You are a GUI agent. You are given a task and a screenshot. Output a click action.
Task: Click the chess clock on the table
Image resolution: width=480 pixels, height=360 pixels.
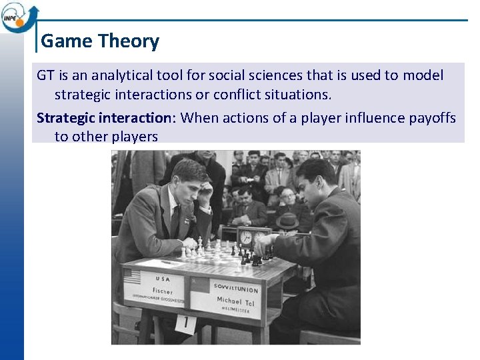coord(252,236)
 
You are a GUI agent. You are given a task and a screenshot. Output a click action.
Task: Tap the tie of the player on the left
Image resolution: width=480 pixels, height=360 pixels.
coord(175,219)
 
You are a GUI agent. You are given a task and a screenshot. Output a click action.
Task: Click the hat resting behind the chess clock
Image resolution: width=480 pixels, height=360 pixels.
coord(289,222)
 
